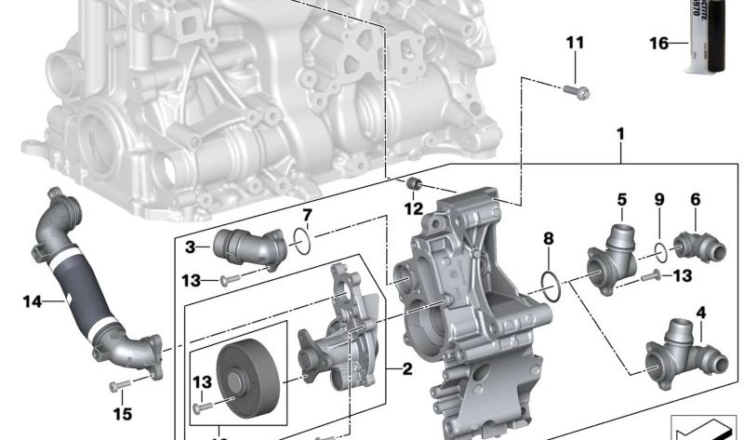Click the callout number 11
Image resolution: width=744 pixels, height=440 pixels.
[575, 43]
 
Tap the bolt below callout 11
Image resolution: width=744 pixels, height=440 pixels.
[575, 90]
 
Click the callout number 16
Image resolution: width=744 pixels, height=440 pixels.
[659, 43]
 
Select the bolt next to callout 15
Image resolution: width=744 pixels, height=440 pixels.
[116, 385]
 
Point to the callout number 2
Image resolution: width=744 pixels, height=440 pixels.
[405, 369]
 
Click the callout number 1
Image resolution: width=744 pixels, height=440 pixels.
[620, 135]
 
